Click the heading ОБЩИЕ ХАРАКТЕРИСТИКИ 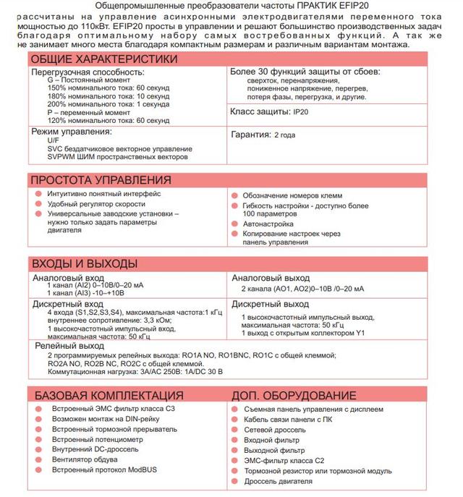(103, 59)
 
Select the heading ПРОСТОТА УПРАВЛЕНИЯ (101, 179)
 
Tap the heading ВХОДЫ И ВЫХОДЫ (85, 264)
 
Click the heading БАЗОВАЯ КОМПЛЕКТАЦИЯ (106, 396)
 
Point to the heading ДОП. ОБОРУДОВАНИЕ (294, 396)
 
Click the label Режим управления (71, 132)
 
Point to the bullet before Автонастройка (234, 225)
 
